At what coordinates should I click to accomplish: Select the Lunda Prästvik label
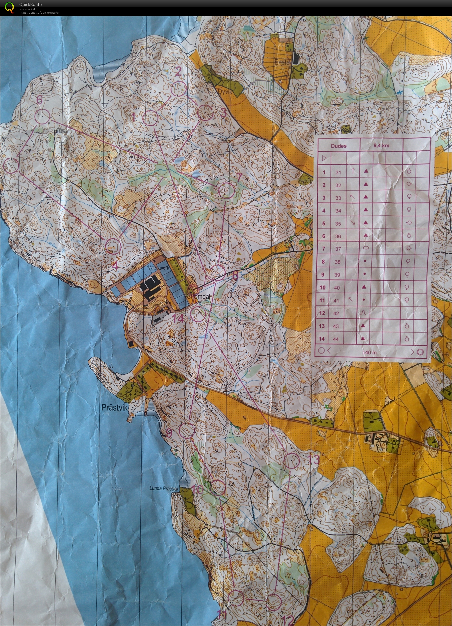click(x=164, y=488)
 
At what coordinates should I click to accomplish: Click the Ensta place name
click(x=282, y=62)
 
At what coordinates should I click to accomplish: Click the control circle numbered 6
click(x=43, y=116)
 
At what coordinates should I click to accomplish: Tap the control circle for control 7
click(x=226, y=190)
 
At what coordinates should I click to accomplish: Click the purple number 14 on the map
click(x=178, y=319)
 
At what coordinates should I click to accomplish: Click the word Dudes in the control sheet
click(x=338, y=146)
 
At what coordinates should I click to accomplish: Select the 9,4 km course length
click(x=381, y=145)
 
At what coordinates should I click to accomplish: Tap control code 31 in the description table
click(x=338, y=172)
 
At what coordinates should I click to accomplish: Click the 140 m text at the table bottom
click(x=370, y=352)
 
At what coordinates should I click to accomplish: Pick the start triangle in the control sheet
click(x=324, y=159)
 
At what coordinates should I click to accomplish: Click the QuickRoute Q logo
click(x=9, y=7)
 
